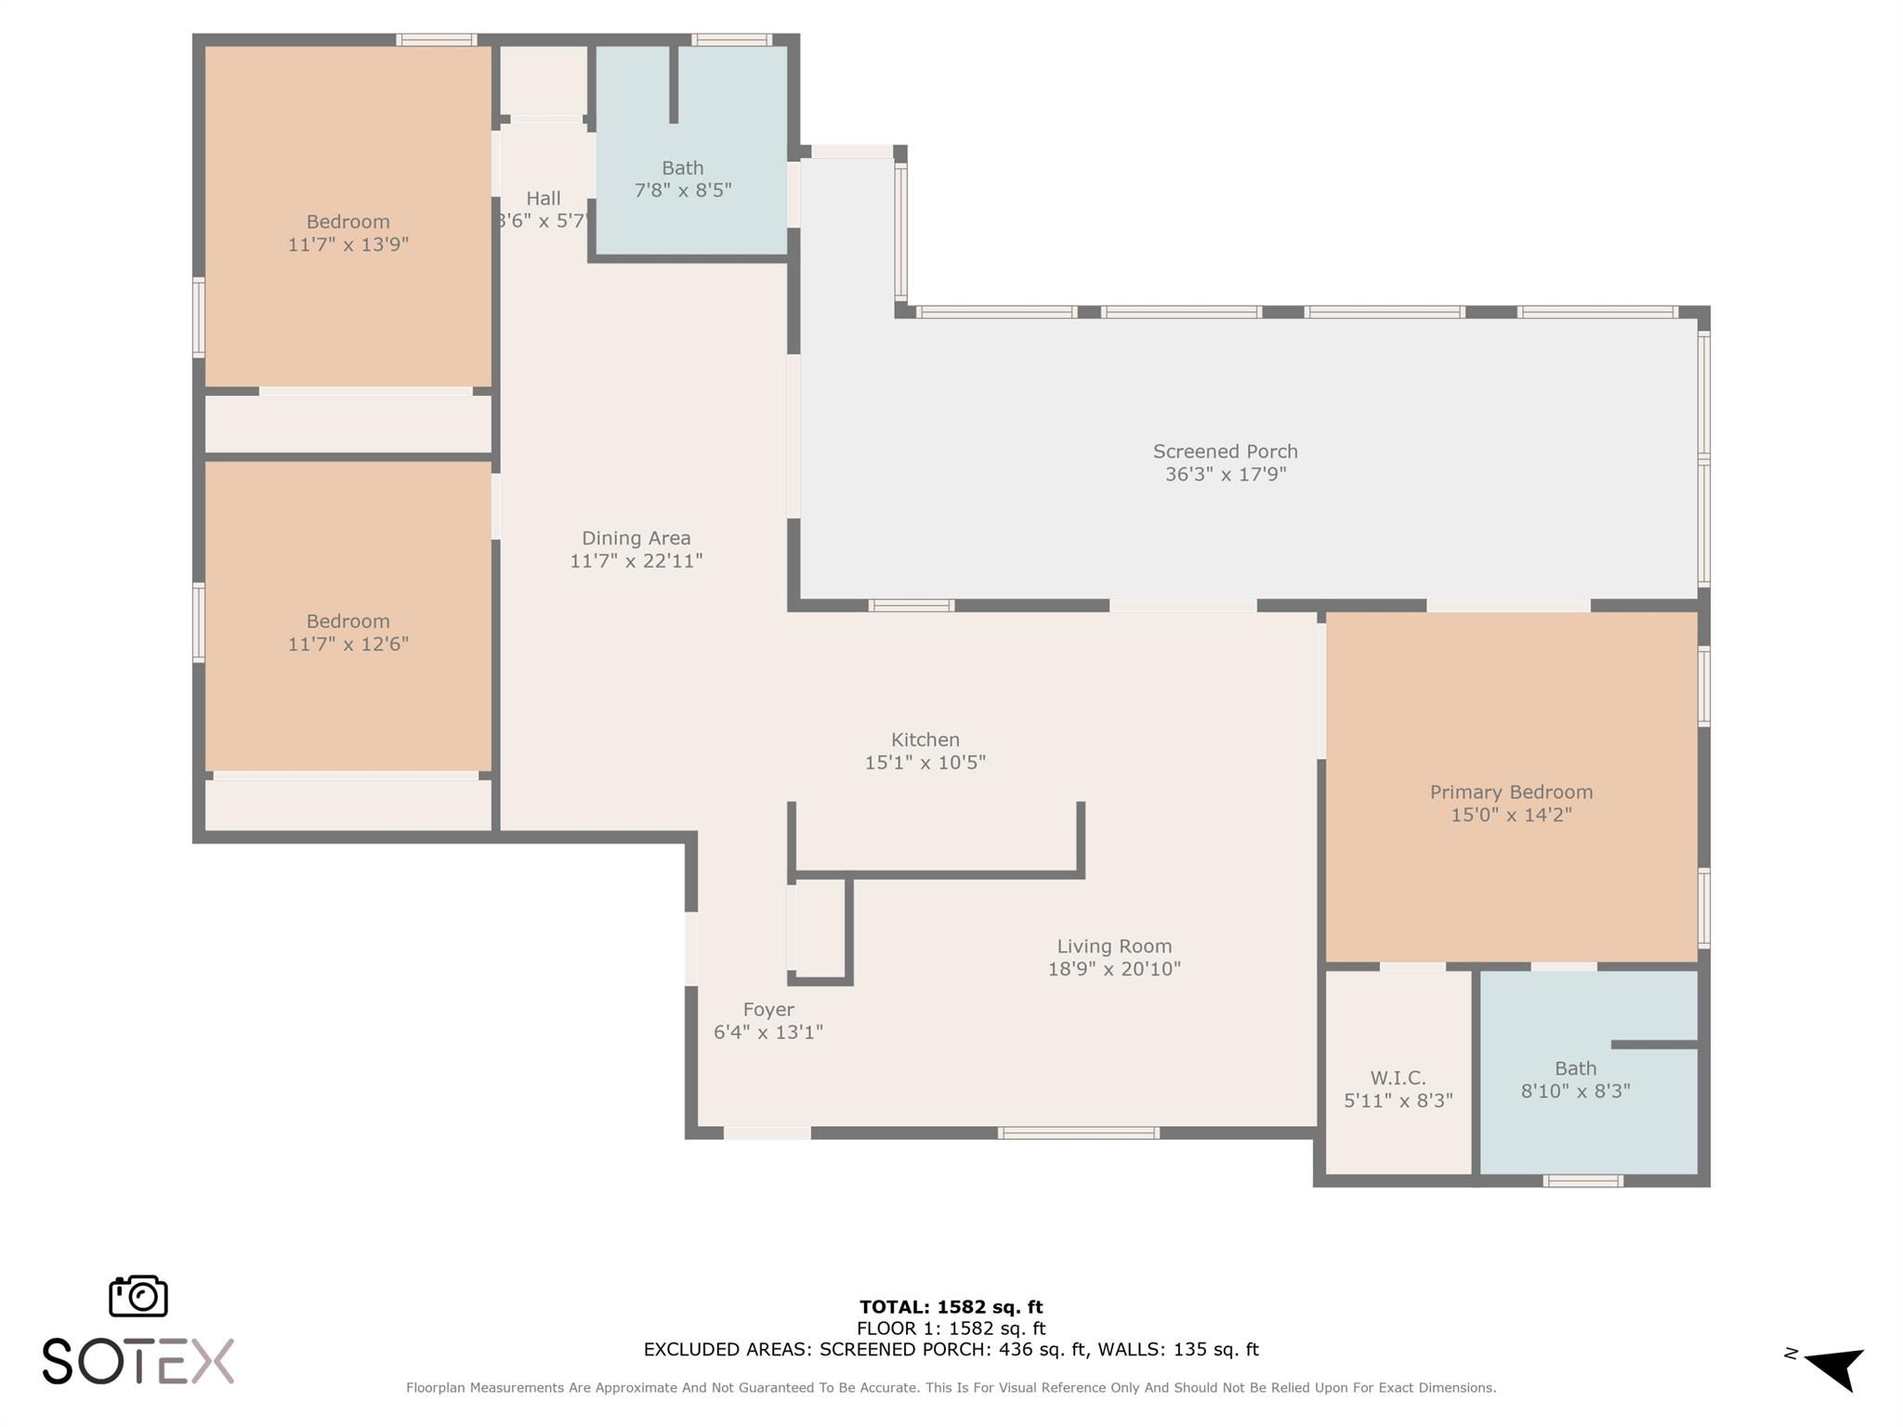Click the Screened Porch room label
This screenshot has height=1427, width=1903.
[x=1225, y=452]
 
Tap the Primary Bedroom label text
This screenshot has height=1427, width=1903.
[x=1511, y=792]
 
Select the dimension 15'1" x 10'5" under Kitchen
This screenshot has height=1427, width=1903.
[x=925, y=763]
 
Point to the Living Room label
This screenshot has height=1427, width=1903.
[x=1114, y=947]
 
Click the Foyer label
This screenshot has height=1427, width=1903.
[x=768, y=1010]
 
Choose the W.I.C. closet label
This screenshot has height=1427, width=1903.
[x=1398, y=1078]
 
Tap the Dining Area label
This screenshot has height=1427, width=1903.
[x=637, y=538]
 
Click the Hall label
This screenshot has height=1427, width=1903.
[x=544, y=198]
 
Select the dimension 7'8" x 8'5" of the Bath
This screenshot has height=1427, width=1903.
[x=683, y=190]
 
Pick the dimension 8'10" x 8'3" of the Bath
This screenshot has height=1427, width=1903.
[x=1576, y=1091]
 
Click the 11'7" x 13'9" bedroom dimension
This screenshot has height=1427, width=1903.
[x=348, y=244]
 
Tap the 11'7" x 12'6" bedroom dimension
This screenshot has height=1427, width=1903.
[x=348, y=644]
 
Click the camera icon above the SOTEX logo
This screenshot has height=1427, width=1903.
[x=138, y=1296]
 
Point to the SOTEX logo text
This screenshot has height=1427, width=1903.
[x=138, y=1362]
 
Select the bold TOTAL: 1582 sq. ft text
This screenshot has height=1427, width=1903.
[x=951, y=1308]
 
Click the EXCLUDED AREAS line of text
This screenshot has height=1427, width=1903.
[x=951, y=1350]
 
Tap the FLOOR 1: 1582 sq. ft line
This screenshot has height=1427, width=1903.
[x=951, y=1329]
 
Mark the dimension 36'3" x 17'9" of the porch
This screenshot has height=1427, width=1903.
[x=1226, y=475]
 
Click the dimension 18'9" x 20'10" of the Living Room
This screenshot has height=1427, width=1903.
[x=1114, y=969]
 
